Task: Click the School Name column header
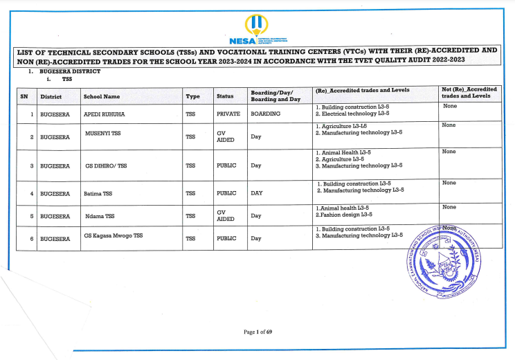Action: [x=102, y=96]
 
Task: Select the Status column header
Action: [x=226, y=96]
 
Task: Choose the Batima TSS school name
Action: [x=99, y=193]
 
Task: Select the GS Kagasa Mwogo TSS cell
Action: [x=113, y=235]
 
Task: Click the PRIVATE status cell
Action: [x=228, y=114]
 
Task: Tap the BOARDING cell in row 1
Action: [x=266, y=114]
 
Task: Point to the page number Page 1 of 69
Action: [x=257, y=332]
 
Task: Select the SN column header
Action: [x=24, y=96]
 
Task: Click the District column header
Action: [x=51, y=96]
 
